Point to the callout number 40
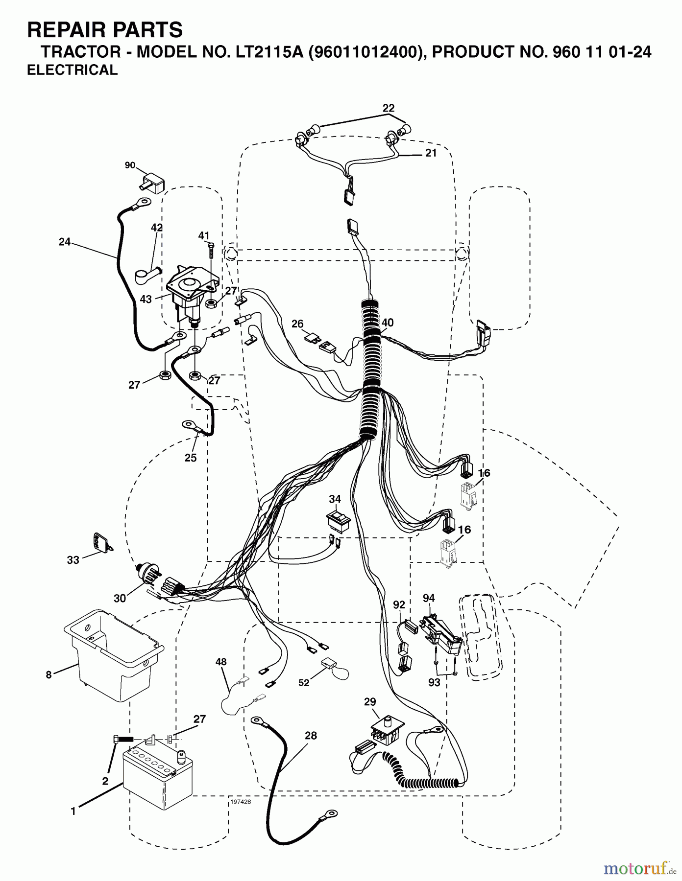[388, 323]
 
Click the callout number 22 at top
[389, 108]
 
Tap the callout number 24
[64, 242]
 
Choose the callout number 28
[311, 736]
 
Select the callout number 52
[304, 682]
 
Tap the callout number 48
[221, 662]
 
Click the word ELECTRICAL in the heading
[73, 70]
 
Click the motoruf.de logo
[637, 868]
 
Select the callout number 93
[434, 682]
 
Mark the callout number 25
[190, 458]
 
